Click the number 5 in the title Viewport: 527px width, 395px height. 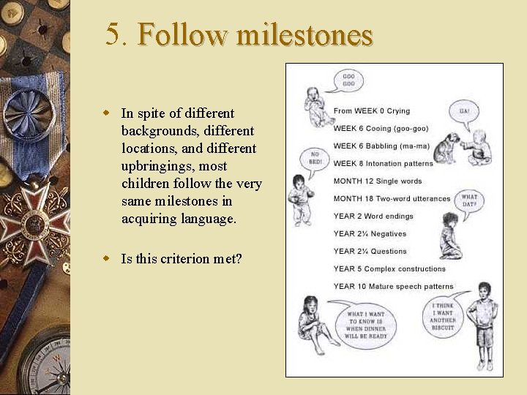(x=113, y=34)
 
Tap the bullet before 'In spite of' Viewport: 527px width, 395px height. (x=106, y=113)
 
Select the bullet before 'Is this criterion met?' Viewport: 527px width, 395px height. (x=106, y=258)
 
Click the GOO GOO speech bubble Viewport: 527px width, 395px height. (x=349, y=80)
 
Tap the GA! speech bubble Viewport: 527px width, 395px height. (x=464, y=113)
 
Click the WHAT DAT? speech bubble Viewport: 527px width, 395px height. (x=469, y=200)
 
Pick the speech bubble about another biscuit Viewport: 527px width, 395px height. (x=443, y=316)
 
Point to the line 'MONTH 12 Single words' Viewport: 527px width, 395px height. (x=378, y=181)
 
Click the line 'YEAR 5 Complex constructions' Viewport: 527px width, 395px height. (x=389, y=268)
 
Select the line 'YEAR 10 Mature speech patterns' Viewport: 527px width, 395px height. (x=393, y=286)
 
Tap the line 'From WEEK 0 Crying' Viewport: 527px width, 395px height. (x=372, y=110)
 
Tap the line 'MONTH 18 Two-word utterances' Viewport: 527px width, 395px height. (x=392, y=198)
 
